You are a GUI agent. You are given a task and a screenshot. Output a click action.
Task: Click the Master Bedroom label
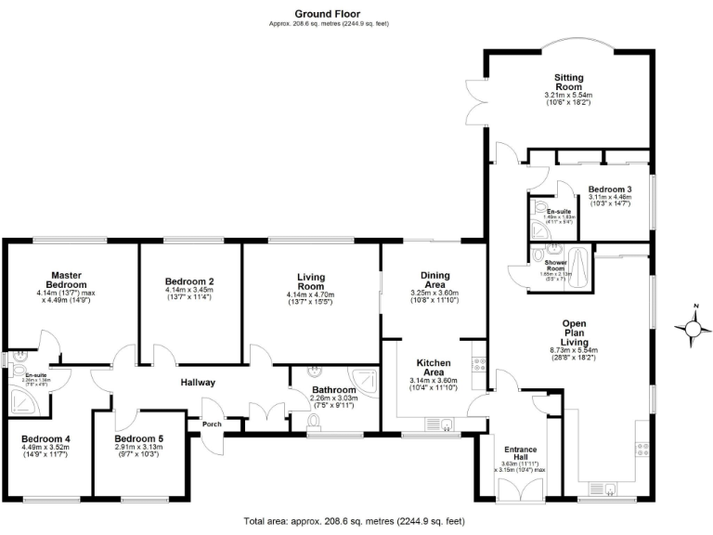(69, 280)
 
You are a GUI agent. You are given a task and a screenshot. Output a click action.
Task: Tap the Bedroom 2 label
(189, 281)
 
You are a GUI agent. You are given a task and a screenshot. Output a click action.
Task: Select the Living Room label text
(310, 281)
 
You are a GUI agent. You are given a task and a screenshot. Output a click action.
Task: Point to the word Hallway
(198, 382)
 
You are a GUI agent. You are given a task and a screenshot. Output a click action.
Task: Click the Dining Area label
(435, 280)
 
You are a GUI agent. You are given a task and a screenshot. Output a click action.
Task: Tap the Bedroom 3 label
(610, 189)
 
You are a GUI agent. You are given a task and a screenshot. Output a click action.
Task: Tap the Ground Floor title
(328, 13)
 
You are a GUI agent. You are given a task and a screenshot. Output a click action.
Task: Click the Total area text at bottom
(354, 522)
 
